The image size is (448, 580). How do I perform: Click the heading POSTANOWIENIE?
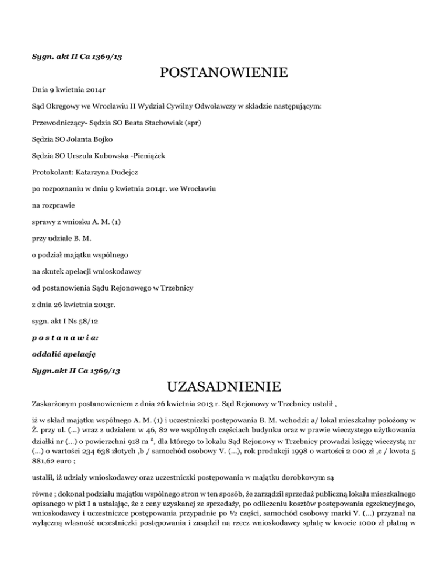click(x=223, y=74)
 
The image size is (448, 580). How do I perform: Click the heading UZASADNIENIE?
click(x=223, y=386)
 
